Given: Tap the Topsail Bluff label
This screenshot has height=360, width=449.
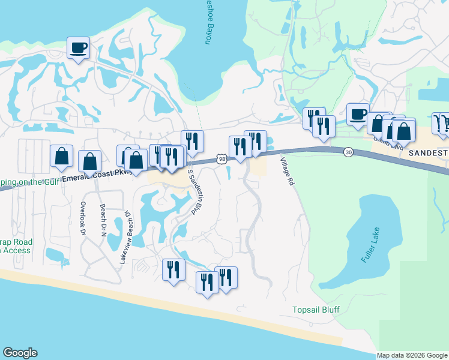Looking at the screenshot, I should pyautogui.click(x=316, y=310).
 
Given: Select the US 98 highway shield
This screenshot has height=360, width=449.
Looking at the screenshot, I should pyautogui.click(x=222, y=159).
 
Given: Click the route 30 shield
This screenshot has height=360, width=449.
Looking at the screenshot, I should pyautogui.click(x=348, y=153).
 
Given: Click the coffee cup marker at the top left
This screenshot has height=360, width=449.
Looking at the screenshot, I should pyautogui.click(x=79, y=48).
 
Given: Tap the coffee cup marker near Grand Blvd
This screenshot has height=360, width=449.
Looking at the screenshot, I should pyautogui.click(x=358, y=114).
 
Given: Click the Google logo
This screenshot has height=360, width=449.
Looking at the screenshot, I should pyautogui.click(x=20, y=353).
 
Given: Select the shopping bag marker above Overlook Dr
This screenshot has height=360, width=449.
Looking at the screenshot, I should pyautogui.click(x=61, y=157).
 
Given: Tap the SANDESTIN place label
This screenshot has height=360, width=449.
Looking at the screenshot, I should pyautogui.click(x=428, y=154).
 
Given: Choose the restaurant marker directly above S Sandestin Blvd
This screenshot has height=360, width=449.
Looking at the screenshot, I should pyautogui.click(x=192, y=142).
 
